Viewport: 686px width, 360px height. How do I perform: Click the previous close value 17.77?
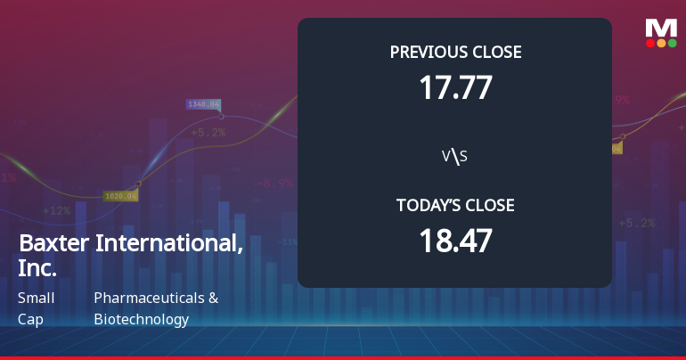pos(455,87)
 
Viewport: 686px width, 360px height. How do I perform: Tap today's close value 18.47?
pos(455,241)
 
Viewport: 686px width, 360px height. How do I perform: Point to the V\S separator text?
pos(455,157)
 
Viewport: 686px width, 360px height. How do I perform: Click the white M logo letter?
pos(661,27)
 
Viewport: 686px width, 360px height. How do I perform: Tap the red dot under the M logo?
pos(650,43)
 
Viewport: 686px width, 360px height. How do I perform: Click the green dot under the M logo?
pos(672,43)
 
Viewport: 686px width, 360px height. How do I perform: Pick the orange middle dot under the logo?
pos(661,43)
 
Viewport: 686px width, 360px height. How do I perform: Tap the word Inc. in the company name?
pos(37,267)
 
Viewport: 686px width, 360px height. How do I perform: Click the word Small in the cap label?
pos(36,299)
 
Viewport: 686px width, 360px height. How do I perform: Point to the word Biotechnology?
pos(141,319)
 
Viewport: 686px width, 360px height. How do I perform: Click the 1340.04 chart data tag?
pos(203,104)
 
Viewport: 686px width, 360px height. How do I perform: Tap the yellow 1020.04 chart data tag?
pos(120,195)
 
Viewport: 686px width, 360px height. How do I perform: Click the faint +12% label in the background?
pos(56,211)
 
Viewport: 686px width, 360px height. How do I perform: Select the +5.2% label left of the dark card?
pos(208,133)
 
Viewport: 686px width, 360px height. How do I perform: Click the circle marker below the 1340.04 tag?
pos(221,116)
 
